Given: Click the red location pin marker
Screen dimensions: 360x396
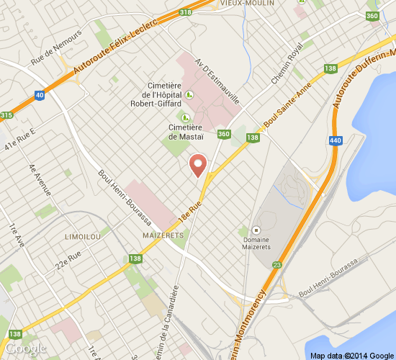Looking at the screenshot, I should click(x=198, y=165).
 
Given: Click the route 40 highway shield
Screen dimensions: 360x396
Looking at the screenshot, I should click(x=39, y=94).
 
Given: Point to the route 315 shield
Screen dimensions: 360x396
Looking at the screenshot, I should click(x=6, y=115).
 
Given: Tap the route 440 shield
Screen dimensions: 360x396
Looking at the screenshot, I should click(x=334, y=141).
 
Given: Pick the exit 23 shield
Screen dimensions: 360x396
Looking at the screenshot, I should click(x=276, y=264).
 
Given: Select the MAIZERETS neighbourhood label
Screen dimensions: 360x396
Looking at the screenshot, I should click(x=164, y=235).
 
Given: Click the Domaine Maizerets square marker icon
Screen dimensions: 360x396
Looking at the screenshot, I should click(x=256, y=230).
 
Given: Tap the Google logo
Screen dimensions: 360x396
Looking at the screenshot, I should click(x=27, y=348).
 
